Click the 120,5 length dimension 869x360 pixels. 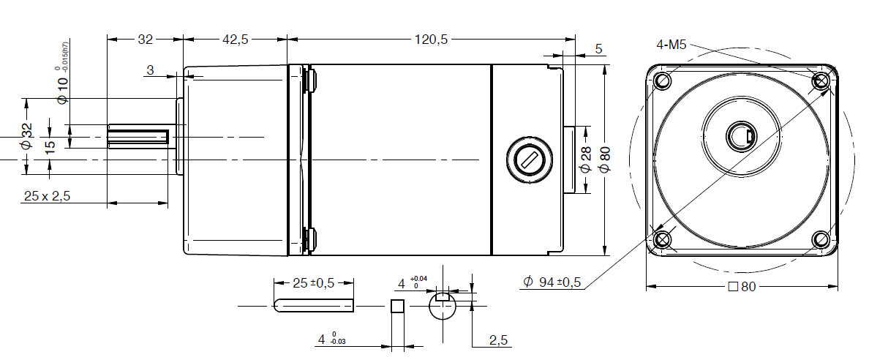(x=432, y=40)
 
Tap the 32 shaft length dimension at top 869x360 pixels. (x=145, y=40)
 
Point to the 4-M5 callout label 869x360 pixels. (x=671, y=45)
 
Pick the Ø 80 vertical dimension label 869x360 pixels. (x=603, y=159)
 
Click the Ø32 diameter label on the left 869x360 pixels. (x=26, y=137)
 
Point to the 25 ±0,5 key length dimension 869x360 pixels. (x=313, y=283)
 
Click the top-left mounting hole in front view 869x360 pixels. (x=663, y=80)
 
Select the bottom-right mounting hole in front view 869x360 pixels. (x=821, y=239)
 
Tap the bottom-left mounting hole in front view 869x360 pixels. (x=663, y=239)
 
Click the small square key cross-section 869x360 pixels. (x=397, y=307)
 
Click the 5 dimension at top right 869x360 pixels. (x=598, y=49)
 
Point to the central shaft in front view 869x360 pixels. (x=742, y=135)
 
